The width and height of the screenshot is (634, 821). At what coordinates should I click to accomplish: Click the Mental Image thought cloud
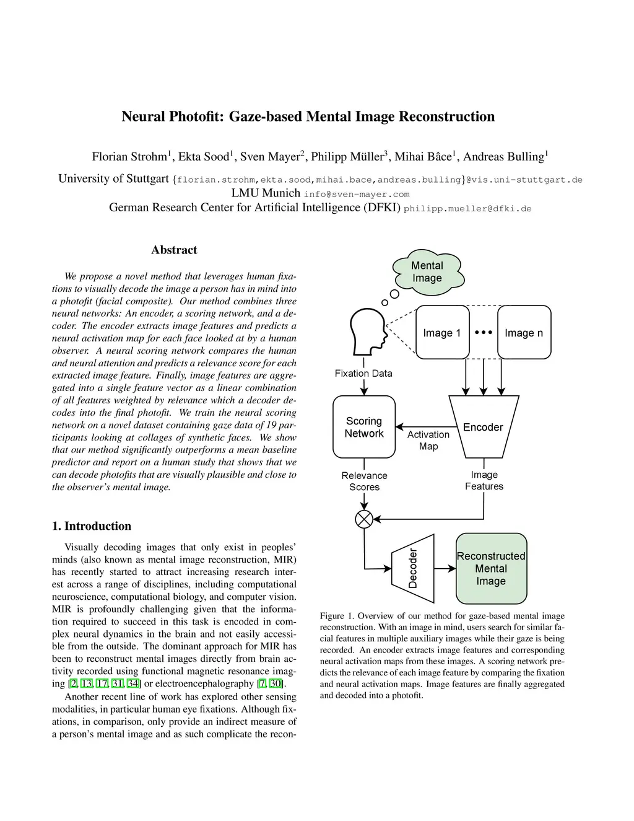427,272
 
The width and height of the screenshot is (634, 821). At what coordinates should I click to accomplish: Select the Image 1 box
442,333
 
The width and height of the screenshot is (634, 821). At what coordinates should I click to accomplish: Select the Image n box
524,333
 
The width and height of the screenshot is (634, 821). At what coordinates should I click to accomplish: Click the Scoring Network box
364,427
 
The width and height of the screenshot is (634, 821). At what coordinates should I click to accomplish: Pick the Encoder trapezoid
483,427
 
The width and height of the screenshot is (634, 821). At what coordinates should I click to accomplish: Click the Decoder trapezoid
412,568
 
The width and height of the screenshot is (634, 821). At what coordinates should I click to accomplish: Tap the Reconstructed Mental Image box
491,568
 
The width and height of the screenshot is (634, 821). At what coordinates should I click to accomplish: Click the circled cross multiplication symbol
364,519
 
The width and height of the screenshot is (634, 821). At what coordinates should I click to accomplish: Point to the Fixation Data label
363,373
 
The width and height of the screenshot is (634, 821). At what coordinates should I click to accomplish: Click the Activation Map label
428,441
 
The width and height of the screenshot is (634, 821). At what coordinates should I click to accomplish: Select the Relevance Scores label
364,481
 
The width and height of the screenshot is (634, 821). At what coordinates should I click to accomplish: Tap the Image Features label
484,480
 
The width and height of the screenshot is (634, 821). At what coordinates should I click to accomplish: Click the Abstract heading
174,250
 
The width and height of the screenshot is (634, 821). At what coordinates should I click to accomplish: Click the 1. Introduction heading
92,526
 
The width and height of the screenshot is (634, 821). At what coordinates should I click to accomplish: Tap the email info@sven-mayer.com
356,194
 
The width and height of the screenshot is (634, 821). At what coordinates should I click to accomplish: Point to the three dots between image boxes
484,332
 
